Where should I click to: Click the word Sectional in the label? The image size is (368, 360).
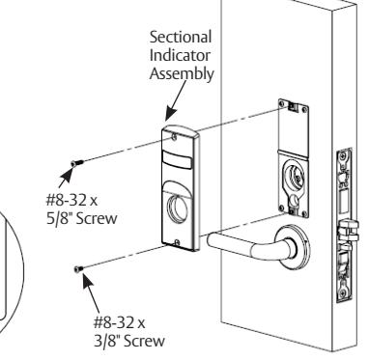coord(181,37)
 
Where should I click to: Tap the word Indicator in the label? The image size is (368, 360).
coord(180,55)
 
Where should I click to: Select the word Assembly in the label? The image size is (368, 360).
coord(182,74)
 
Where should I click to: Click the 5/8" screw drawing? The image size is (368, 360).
coord(77,163)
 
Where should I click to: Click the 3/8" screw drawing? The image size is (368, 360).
coord(78,268)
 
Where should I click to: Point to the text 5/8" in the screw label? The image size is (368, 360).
coord(60,219)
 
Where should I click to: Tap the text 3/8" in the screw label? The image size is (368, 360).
coord(107,341)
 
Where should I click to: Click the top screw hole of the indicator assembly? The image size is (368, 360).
coord(174,137)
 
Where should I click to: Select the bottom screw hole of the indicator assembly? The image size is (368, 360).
coord(177,242)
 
